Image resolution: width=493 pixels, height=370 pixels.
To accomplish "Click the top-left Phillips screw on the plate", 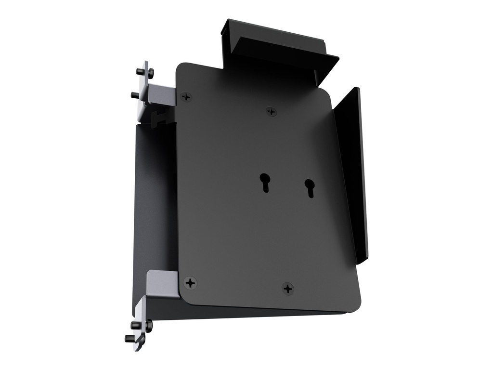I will [x=186, y=97].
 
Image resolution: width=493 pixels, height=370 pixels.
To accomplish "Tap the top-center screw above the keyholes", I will [x=272, y=112].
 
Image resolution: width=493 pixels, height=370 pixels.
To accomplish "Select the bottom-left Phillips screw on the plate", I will [x=191, y=283].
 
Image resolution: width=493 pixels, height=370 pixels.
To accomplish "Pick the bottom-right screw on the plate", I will [x=288, y=289].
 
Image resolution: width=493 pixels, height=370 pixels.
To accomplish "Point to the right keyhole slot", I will [x=309, y=187].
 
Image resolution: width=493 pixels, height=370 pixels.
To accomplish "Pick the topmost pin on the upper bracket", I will [x=141, y=71].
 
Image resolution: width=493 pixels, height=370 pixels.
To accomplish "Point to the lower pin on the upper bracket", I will [x=135, y=95].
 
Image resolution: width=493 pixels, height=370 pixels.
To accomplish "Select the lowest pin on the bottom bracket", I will [x=130, y=338].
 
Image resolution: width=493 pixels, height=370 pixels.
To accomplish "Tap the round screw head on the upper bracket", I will [x=151, y=73].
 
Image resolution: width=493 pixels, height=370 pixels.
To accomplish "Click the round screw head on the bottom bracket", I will [x=148, y=326].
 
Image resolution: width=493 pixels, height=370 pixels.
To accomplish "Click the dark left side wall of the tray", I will [x=154, y=202].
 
